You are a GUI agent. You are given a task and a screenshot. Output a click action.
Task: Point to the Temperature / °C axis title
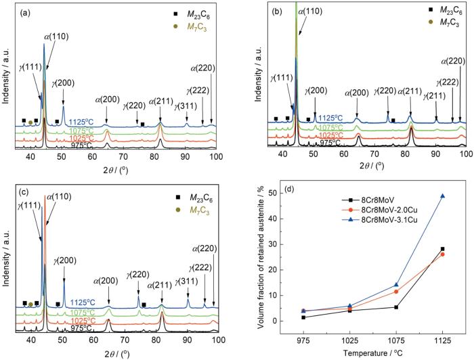[x=372, y=352]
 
